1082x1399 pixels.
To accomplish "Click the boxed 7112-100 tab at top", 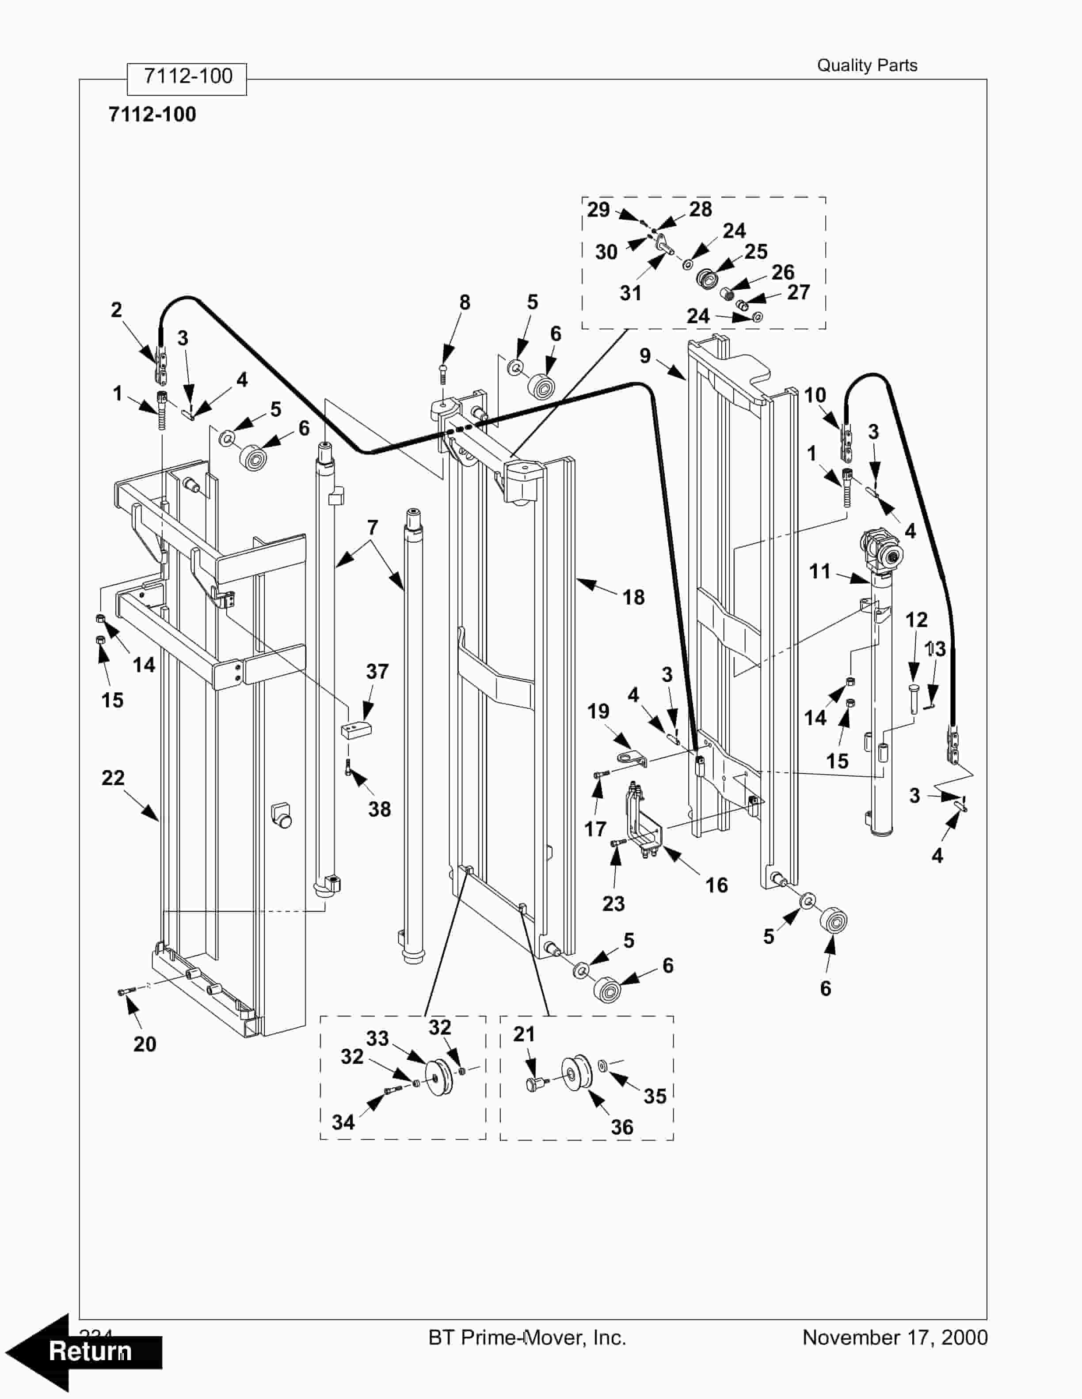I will click(187, 77).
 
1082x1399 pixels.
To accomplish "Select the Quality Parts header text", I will click(867, 65).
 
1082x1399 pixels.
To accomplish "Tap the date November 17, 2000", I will click(895, 1338).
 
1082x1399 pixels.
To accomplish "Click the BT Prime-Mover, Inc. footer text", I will click(527, 1338).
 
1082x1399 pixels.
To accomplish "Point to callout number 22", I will click(113, 778).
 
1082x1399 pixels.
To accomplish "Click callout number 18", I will click(633, 597).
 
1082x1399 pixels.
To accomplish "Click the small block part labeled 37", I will click(356, 730).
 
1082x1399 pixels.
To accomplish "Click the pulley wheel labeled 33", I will click(438, 1079).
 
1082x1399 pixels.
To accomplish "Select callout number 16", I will click(716, 885).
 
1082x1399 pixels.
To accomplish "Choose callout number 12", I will click(916, 620).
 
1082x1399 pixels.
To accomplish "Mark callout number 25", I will click(756, 251).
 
